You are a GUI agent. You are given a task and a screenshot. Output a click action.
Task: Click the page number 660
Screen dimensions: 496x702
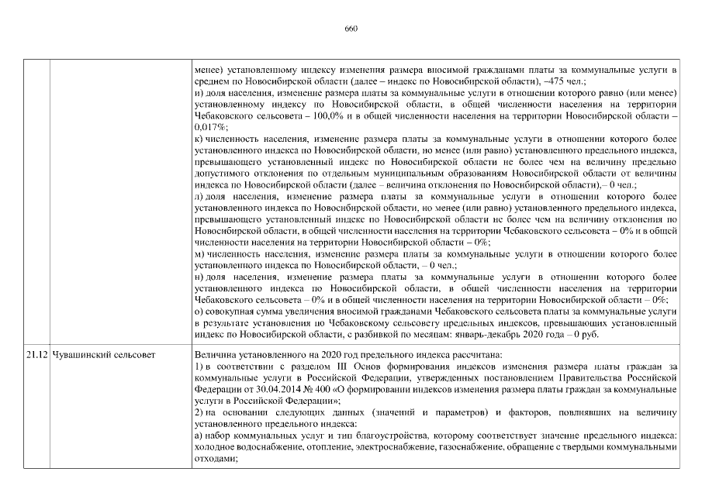point(351,29)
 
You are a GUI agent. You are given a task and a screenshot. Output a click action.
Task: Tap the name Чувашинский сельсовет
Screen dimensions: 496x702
point(102,354)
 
